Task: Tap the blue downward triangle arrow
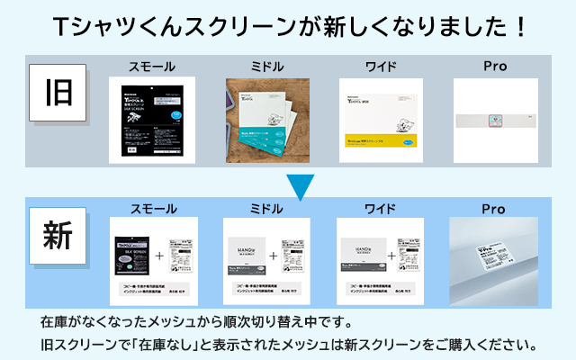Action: point(301,186)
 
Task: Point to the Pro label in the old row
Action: point(494,67)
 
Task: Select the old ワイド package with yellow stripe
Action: point(381,120)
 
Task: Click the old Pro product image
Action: point(495,120)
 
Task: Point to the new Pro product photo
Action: point(494,256)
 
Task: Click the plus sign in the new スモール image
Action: point(158,256)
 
